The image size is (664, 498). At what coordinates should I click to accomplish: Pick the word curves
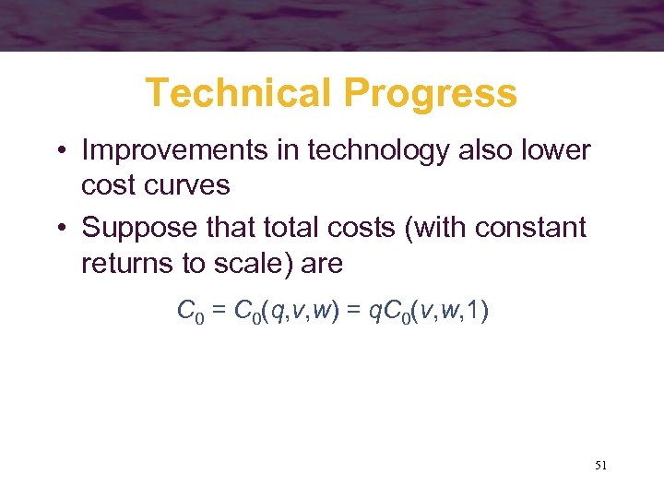tap(194, 184)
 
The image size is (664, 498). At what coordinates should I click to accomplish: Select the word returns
tap(130, 263)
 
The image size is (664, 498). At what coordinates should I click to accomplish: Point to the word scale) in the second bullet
tap(253, 263)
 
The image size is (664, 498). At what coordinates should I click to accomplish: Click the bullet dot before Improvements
tap(61, 150)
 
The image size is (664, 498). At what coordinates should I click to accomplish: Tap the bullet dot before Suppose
tap(61, 228)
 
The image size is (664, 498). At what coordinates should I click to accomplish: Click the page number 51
tap(600, 465)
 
